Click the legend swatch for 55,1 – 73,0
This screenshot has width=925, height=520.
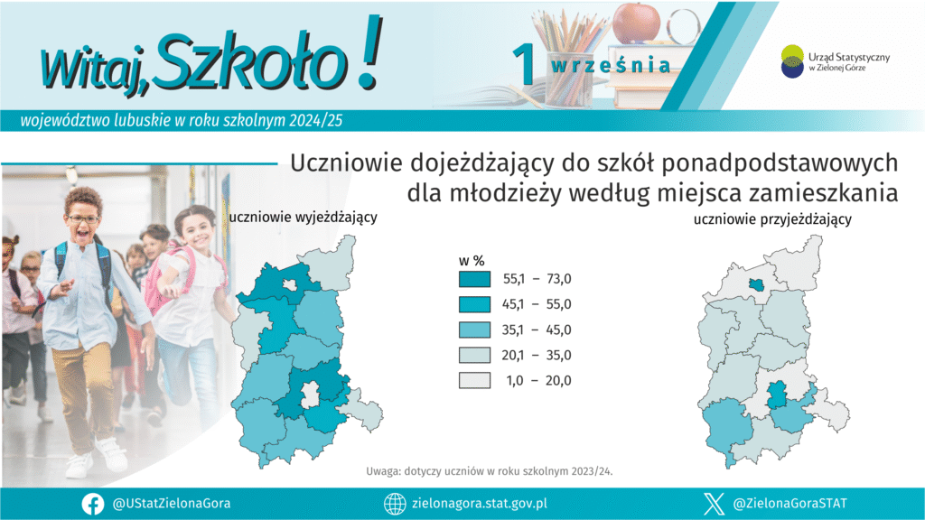pyautogui.click(x=474, y=279)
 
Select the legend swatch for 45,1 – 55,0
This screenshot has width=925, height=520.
pyautogui.click(x=474, y=304)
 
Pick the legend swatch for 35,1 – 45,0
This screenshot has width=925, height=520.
pyautogui.click(x=474, y=330)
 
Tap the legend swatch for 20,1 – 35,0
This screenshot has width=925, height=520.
pyautogui.click(x=474, y=355)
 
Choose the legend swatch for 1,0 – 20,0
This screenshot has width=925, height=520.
pyautogui.click(x=474, y=380)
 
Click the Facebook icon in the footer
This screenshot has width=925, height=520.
pyautogui.click(x=93, y=504)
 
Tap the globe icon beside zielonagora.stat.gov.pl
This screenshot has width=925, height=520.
pyautogui.click(x=395, y=504)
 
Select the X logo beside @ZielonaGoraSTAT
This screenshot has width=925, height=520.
pyautogui.click(x=714, y=504)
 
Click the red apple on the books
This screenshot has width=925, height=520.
pyautogui.click(x=637, y=23)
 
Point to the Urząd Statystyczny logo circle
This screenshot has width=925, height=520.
pyautogui.click(x=792, y=61)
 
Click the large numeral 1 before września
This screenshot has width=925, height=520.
pyautogui.click(x=524, y=64)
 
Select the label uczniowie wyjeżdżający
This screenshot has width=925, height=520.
pyautogui.click(x=303, y=218)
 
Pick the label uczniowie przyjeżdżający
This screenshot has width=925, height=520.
pyautogui.click(x=772, y=220)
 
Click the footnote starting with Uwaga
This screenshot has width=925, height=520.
pyautogui.click(x=489, y=471)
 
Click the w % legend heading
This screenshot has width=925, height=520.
pyautogui.click(x=472, y=261)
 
